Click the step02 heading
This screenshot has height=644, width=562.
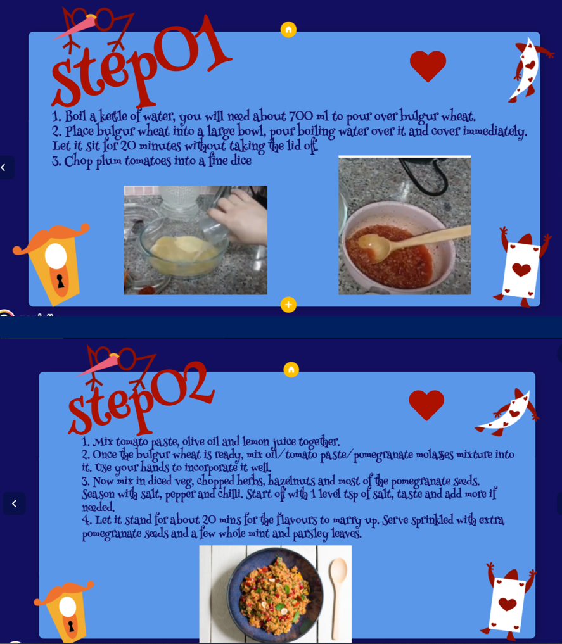point(139,400)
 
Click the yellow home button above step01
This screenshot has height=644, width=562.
point(288,30)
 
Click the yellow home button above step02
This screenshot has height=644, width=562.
point(291,370)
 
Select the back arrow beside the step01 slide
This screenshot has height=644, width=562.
point(3,168)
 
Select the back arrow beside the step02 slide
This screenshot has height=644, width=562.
point(15,503)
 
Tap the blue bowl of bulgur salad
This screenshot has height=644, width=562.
point(275,595)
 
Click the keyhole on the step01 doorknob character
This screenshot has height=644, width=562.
point(60,281)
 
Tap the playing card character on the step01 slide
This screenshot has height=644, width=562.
point(521,268)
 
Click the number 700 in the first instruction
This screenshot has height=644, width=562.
point(301,117)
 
